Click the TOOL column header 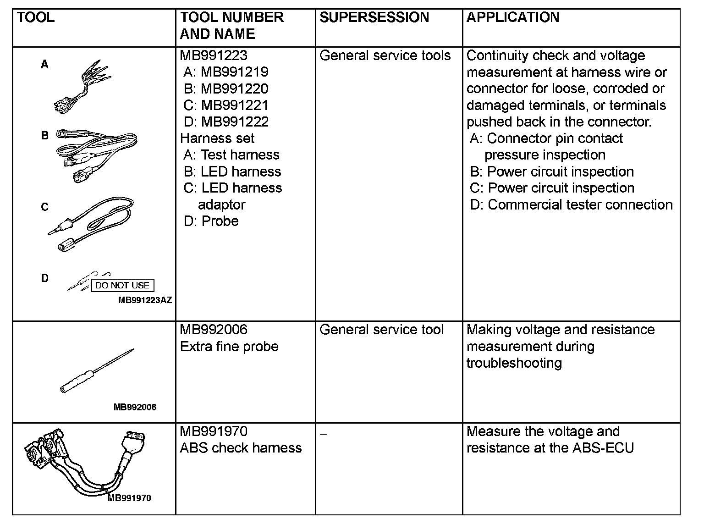[36, 17]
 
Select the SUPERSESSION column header [374, 17]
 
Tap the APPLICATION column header [512, 17]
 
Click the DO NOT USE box [122, 285]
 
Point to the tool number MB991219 [234, 72]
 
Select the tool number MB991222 [234, 121]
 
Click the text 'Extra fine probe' [229, 346]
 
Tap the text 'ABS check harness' [241, 447]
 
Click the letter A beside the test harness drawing [44, 65]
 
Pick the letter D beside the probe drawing [44, 278]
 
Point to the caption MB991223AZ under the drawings [145, 300]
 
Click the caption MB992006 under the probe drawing [135, 407]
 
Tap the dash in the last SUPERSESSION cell [324, 433]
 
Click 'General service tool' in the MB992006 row [381, 330]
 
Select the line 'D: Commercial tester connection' [571, 204]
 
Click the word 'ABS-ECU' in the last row [603, 447]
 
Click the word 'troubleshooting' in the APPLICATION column [514, 363]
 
